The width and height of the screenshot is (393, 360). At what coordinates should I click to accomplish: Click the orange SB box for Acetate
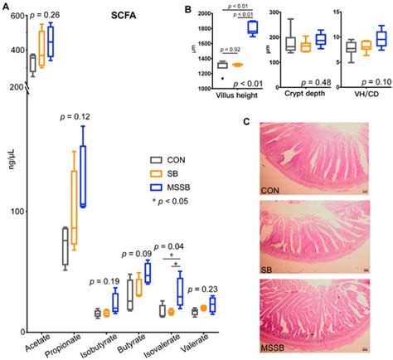(x=42, y=56)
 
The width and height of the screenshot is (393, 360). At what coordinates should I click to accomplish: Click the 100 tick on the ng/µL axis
(x=17, y=212)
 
